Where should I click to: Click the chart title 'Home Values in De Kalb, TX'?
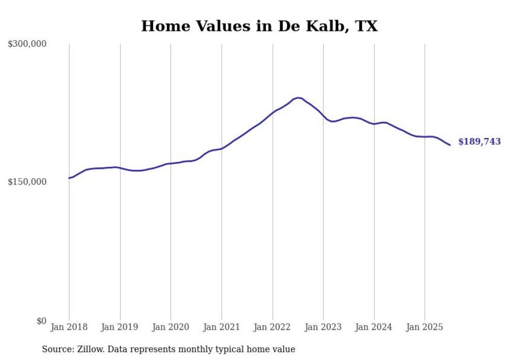tap(259, 26)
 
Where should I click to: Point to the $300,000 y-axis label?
tap(27, 44)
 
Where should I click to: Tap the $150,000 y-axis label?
tap(27, 182)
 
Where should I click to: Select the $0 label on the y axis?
tap(41, 321)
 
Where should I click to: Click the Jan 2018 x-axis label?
tap(69, 327)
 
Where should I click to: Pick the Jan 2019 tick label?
tap(120, 327)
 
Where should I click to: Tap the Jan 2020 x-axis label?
tap(171, 327)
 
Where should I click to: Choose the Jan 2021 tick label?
tap(222, 327)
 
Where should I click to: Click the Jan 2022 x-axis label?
tap(273, 327)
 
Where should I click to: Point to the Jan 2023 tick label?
tap(323, 327)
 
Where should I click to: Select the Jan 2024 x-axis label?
tap(374, 327)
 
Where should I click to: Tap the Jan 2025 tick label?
tap(425, 327)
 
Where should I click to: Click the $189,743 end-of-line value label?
tap(479, 142)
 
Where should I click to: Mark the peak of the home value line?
tap(298, 97)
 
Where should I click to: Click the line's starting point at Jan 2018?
tap(69, 178)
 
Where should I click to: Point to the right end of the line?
tap(450, 145)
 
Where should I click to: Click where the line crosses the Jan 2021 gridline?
tap(222, 149)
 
